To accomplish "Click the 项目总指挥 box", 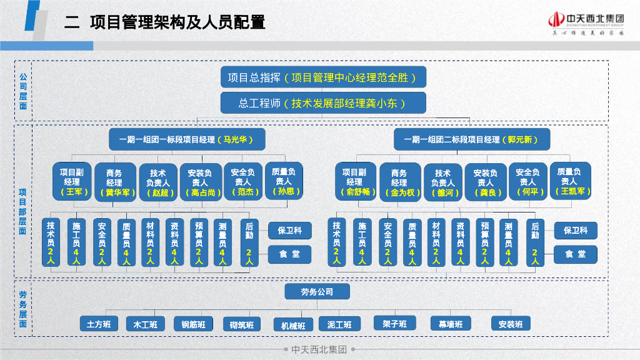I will pos(323,77).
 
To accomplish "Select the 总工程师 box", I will pos(323,103).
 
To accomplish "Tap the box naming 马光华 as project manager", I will pos(187,139).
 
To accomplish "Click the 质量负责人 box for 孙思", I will pos(284,181).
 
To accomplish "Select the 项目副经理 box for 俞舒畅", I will pos(354,182).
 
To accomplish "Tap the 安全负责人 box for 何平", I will pos(527,182).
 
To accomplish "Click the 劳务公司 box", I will pos(317,292).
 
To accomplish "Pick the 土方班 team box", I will pos(99,324).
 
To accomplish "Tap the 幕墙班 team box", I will pos(450,324).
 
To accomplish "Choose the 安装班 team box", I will pos(511,324).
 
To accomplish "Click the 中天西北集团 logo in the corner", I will pos(586,24).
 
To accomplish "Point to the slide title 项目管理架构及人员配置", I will pos(177,23).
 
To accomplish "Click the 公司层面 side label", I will pos(23,91).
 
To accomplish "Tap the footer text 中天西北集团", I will pos(319,350).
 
